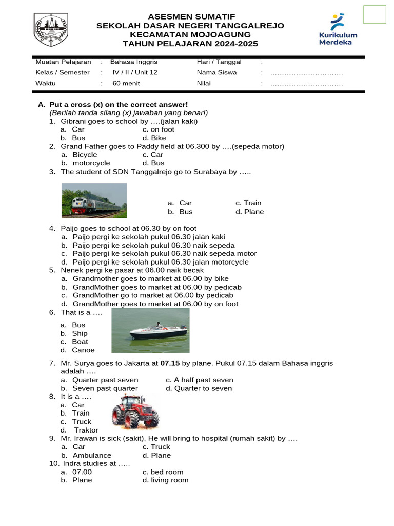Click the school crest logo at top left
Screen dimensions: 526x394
click(x=51, y=30)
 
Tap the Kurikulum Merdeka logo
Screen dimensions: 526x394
click(x=338, y=30)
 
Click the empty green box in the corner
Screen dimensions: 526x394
click(x=375, y=14)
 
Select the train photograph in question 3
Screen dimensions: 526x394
click(x=94, y=200)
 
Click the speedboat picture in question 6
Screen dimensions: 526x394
click(x=150, y=330)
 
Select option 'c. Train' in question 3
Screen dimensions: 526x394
click(x=248, y=203)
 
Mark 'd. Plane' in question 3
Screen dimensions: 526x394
click(x=249, y=212)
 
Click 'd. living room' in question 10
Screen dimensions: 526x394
click(x=165, y=480)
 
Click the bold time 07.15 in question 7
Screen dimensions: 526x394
click(x=170, y=363)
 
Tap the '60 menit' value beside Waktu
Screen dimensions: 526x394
click(x=126, y=83)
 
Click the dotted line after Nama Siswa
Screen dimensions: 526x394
click(x=306, y=72)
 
